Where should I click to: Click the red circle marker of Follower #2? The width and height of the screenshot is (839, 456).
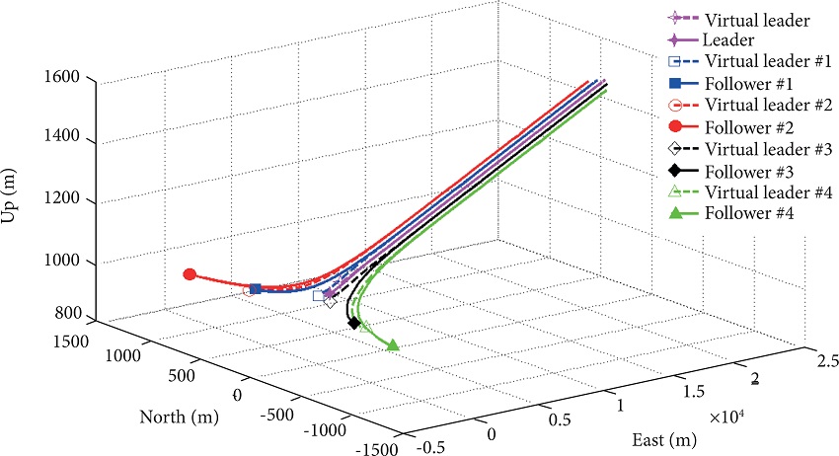click(x=190, y=274)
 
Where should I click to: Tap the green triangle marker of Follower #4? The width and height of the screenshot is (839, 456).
click(x=393, y=344)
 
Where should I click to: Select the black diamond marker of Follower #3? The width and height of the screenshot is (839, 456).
click(x=353, y=323)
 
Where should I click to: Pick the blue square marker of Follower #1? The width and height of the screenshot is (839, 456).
click(x=256, y=288)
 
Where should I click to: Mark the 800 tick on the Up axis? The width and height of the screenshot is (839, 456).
click(x=69, y=315)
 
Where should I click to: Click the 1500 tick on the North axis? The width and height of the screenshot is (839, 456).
click(x=71, y=341)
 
